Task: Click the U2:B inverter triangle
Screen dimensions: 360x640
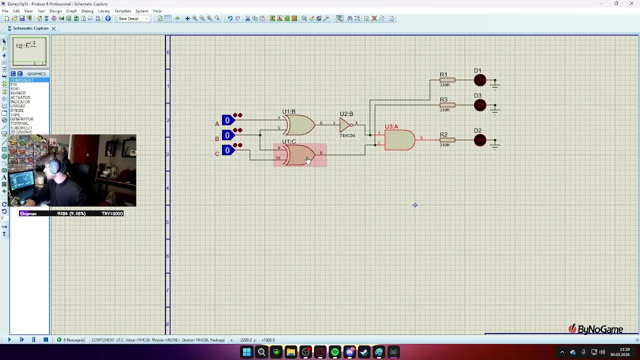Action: (345, 124)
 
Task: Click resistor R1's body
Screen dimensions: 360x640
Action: (447, 80)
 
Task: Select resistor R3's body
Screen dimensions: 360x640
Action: (447, 105)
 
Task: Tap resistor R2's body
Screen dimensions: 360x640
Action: (447, 140)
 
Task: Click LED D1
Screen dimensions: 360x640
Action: (480, 80)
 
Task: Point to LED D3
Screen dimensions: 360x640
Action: (480, 105)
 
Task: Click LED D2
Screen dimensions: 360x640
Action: (480, 140)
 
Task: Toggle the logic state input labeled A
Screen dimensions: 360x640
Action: (227, 120)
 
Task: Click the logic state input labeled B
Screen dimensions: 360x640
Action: (227, 135)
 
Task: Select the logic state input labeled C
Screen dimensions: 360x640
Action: (227, 150)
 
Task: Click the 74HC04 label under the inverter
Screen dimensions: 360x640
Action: (347, 135)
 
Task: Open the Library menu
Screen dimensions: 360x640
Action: (104, 11)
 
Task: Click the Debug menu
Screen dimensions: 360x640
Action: (87, 11)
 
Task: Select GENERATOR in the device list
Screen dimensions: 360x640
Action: (22, 119)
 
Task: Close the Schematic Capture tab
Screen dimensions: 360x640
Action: (53, 28)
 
